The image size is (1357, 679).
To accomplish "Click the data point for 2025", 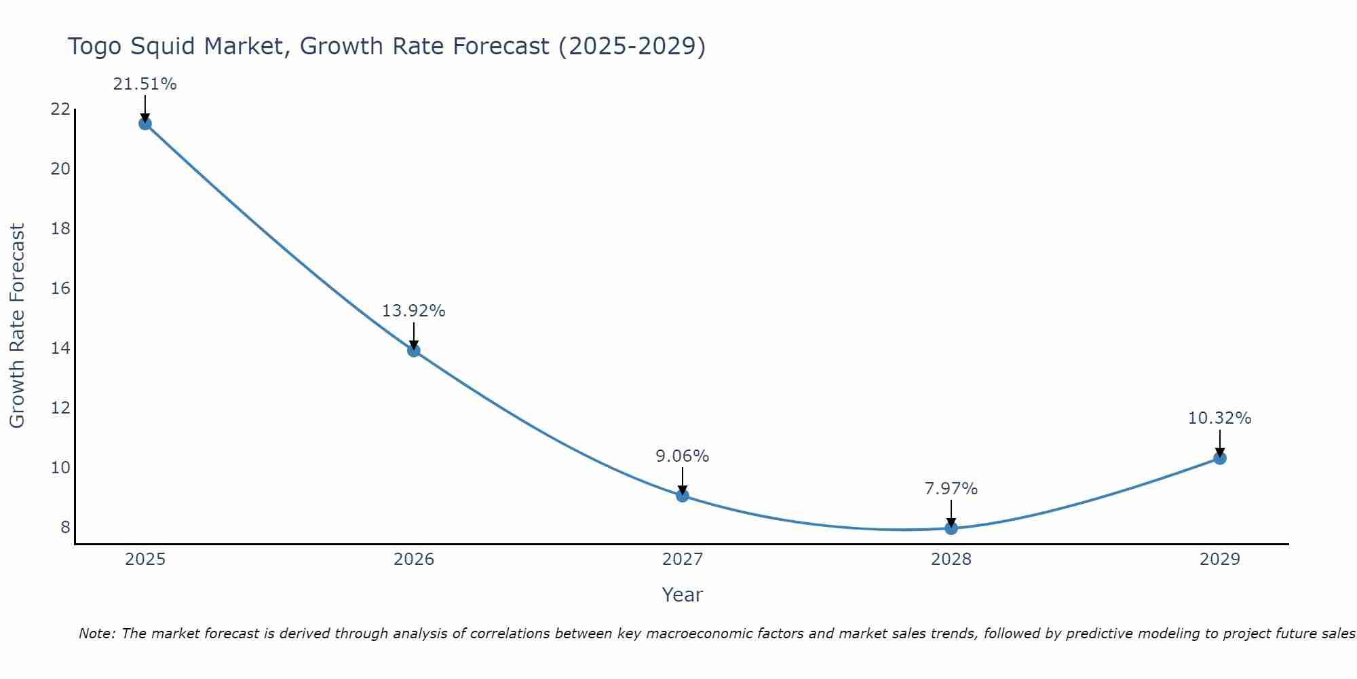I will click(x=145, y=124).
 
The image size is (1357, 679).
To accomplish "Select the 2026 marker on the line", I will click(x=414, y=350).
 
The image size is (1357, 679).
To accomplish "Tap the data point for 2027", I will click(x=683, y=496).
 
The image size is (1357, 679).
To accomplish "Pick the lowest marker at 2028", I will click(x=951, y=528).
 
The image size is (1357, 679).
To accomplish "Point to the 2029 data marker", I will click(x=1220, y=458).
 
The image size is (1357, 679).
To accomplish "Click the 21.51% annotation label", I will click(x=145, y=84).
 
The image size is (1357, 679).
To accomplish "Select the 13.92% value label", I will click(x=413, y=311).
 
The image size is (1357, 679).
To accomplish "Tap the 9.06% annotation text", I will click(x=682, y=456).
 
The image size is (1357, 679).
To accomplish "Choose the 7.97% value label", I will click(x=951, y=489).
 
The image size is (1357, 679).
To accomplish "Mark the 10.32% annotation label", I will click(x=1219, y=418).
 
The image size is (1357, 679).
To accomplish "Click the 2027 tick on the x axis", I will click(x=683, y=559).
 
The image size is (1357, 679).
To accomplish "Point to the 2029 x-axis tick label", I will click(x=1220, y=559).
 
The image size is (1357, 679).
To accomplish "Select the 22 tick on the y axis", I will click(x=60, y=109).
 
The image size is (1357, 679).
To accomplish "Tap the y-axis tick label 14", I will click(x=60, y=348).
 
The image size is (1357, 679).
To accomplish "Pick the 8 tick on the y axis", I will click(x=65, y=528).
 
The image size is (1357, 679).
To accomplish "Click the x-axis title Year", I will click(x=682, y=595).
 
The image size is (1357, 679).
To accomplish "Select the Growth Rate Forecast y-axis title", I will click(x=18, y=326).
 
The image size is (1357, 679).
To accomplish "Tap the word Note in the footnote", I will click(x=97, y=634).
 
